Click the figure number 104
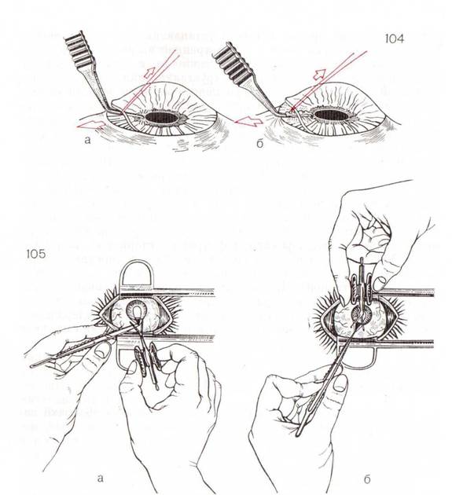(x=394, y=38)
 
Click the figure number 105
(x=36, y=254)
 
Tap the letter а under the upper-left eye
(x=87, y=140)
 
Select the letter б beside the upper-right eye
(x=259, y=144)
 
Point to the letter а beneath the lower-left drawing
(x=100, y=478)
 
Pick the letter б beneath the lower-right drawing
(x=367, y=479)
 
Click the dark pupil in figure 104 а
(x=162, y=118)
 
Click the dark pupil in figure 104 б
(x=332, y=115)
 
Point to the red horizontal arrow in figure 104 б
(x=248, y=120)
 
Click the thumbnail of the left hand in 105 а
(x=101, y=350)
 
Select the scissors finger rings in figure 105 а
(x=149, y=359)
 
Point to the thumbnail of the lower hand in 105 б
(x=340, y=383)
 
